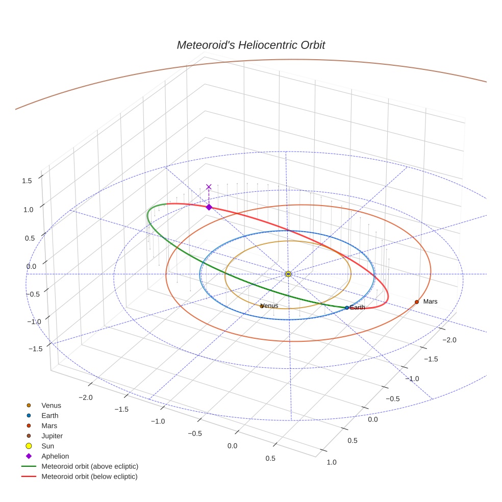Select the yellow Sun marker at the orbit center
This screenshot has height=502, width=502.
point(288,274)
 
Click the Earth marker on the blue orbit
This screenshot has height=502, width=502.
point(347,308)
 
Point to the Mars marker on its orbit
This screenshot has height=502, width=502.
point(417,302)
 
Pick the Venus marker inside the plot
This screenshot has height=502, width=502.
point(262,306)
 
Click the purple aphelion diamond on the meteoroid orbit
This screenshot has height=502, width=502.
point(209,207)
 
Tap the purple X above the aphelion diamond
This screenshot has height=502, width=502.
point(209,187)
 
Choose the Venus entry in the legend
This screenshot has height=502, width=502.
point(51,406)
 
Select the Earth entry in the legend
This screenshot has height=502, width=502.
point(50,416)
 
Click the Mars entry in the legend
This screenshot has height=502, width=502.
point(49,426)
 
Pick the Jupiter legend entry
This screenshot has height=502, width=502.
point(52,436)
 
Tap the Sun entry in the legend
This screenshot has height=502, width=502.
point(48,446)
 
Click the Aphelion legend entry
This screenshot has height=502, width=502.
point(55,457)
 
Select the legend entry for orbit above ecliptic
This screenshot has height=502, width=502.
point(90,466)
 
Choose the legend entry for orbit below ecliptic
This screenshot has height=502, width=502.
point(90,476)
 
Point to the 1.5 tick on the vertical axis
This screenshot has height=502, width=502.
point(27,181)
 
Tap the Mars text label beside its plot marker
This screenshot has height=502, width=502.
point(430,302)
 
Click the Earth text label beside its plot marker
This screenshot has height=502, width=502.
point(358,308)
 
